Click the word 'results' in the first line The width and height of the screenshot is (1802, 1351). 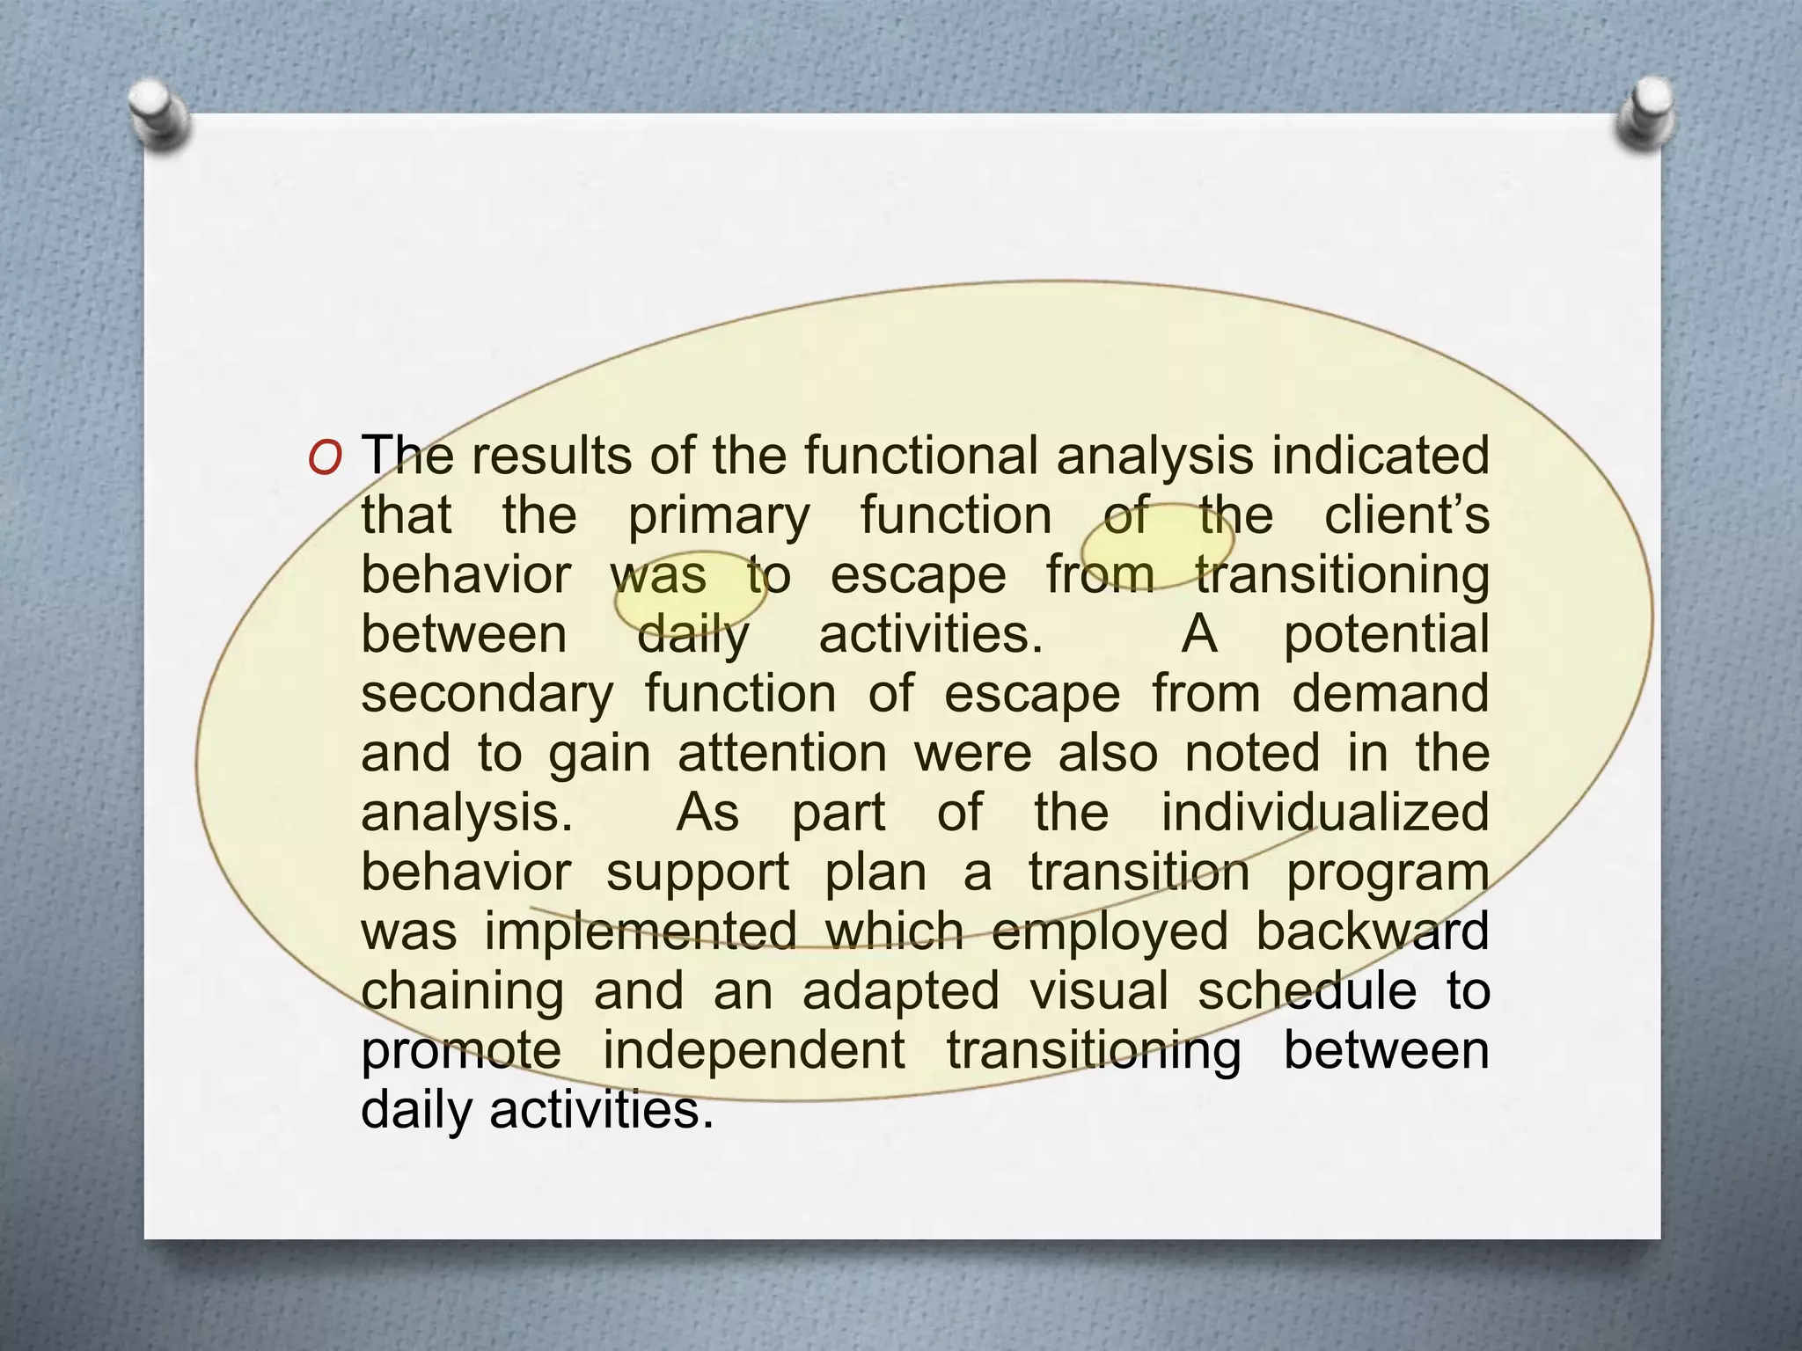coord(551,456)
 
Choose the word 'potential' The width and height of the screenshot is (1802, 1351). coord(1386,636)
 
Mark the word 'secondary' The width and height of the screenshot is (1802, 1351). coord(487,695)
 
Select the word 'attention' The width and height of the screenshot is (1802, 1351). coord(782,754)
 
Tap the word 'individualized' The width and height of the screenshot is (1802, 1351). coord(1324,813)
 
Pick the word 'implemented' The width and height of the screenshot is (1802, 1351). coord(641,931)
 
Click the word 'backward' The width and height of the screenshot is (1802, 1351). coord(1372,931)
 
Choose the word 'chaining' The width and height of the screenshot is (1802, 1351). coord(462,993)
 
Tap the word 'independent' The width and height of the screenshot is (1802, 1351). coord(753,1051)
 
